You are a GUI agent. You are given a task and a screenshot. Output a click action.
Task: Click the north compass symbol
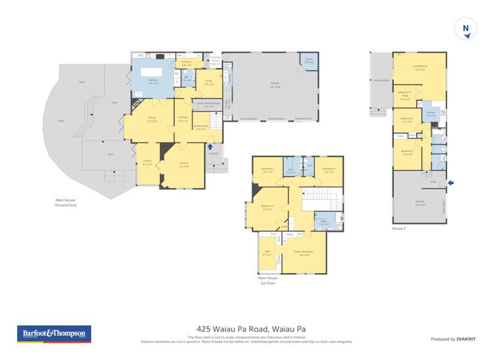[x=466, y=29]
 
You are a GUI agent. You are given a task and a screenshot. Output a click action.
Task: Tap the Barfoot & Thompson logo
[x=54, y=334]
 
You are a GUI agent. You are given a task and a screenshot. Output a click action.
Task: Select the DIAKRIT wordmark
[x=466, y=339]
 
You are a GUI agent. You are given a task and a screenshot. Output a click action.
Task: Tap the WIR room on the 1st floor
[x=267, y=253]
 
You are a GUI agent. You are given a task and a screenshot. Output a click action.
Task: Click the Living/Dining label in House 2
[x=420, y=67]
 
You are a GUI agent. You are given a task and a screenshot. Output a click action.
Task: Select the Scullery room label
[x=186, y=64]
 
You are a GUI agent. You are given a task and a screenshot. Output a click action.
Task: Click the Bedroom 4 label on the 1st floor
[x=329, y=170]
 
